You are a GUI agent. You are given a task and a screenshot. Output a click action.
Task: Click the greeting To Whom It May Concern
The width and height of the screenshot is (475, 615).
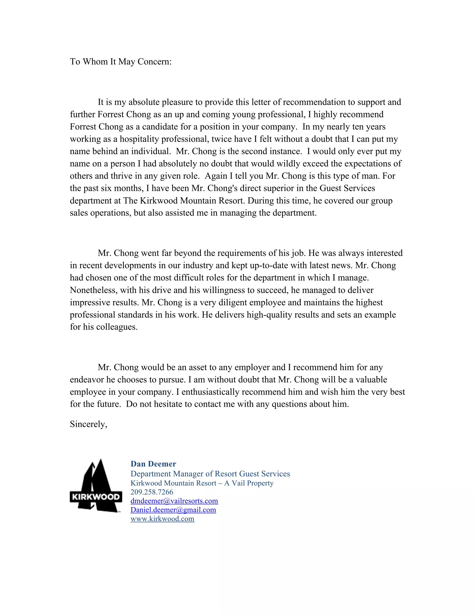[x=120, y=62]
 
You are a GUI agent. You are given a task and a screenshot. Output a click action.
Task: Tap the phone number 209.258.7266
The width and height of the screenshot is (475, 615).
[x=152, y=492]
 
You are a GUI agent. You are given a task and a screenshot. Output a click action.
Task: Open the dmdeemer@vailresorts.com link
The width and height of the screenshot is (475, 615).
[x=174, y=501]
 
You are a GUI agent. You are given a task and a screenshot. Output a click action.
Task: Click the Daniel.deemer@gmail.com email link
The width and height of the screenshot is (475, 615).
[x=173, y=510]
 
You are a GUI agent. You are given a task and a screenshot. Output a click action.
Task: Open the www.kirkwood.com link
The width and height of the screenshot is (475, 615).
[x=162, y=519]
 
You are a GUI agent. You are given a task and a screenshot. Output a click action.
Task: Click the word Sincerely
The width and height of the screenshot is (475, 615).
[x=88, y=424]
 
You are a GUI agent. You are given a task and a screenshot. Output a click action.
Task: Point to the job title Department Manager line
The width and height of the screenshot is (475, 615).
[x=210, y=474]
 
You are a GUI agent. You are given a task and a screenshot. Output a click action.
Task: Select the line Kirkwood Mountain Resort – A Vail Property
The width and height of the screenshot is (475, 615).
[x=202, y=483]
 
